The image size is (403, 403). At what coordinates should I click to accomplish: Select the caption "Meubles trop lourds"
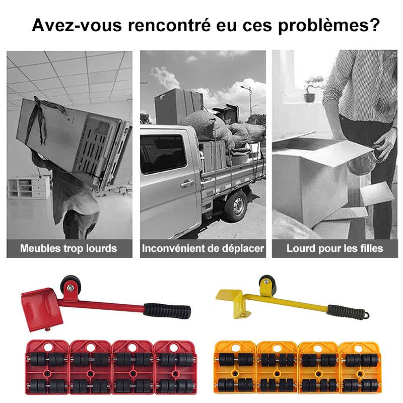point(69,248)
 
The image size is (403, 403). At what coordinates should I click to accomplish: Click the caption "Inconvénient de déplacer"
point(203,248)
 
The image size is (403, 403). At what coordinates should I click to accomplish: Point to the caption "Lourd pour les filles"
point(335,248)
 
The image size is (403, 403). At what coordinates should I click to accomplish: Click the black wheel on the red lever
point(69,286)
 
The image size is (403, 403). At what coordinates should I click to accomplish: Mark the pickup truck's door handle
point(187,183)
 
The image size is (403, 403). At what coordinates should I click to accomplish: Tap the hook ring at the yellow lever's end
point(369,315)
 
